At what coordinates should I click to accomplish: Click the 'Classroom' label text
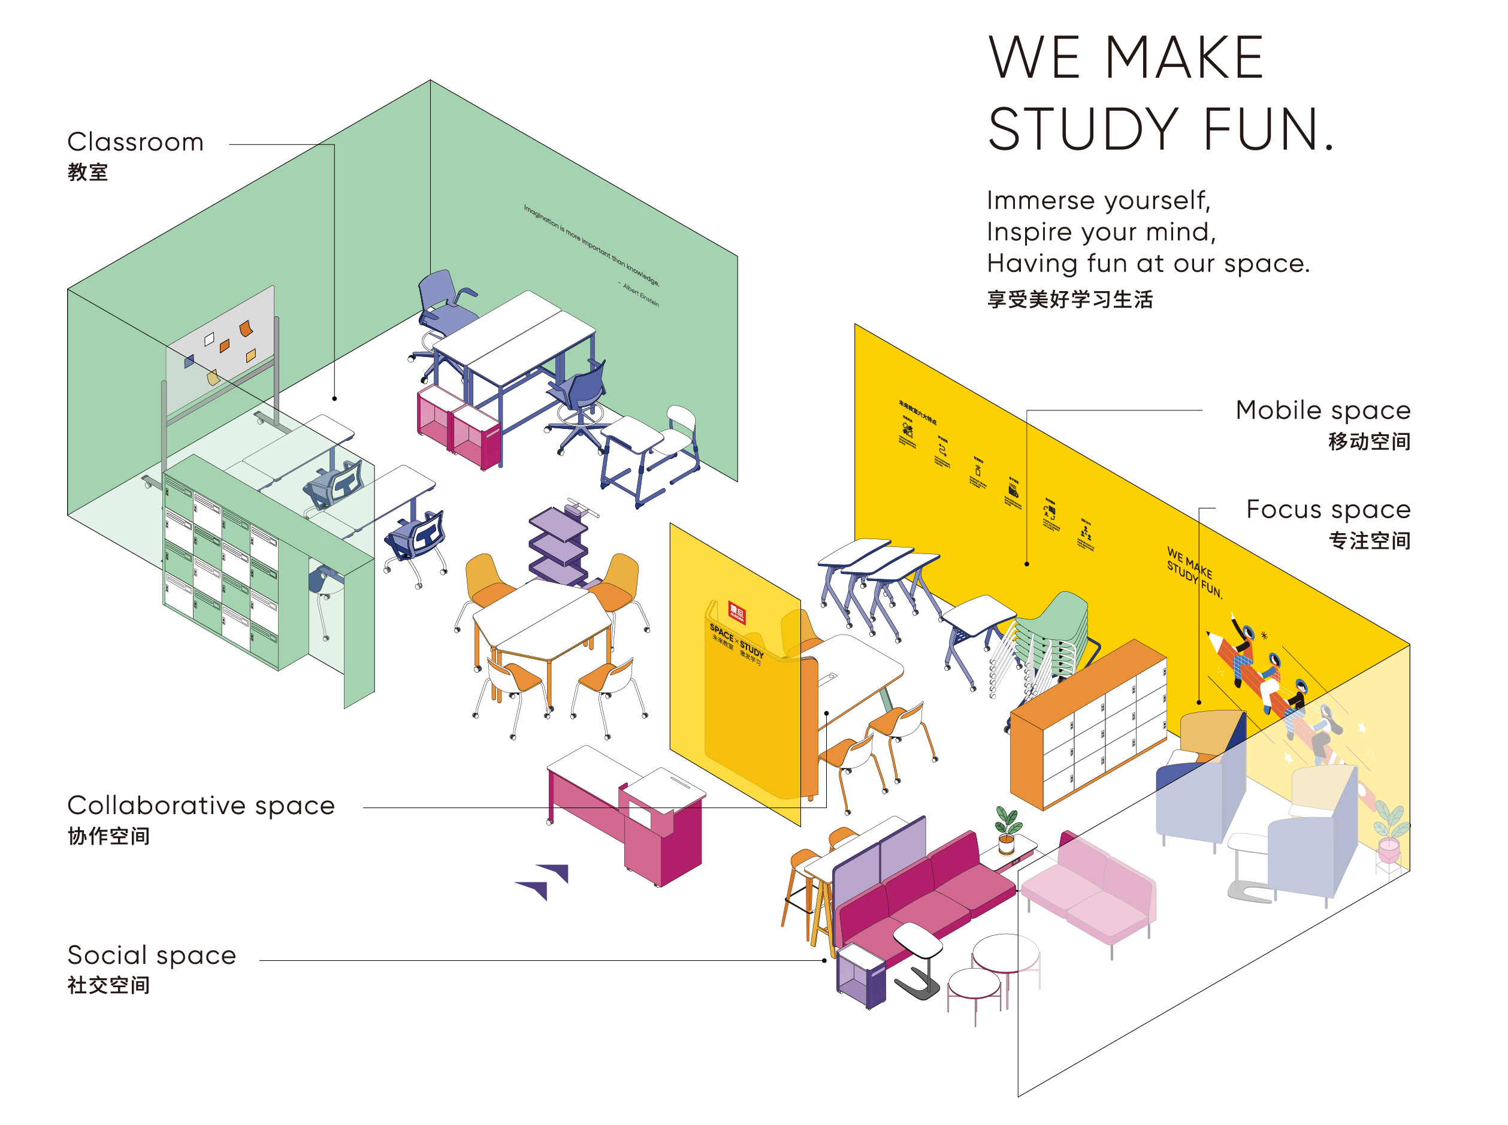(135, 141)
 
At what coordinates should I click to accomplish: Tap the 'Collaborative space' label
(200, 805)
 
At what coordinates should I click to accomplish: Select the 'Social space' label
(151, 955)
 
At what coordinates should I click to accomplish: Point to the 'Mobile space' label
(1322, 410)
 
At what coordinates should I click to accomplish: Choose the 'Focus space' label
(1328, 509)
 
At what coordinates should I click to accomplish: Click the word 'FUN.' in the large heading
(1267, 129)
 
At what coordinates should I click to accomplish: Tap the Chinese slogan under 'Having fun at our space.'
(1069, 299)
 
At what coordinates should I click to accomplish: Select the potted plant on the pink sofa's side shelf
(1007, 828)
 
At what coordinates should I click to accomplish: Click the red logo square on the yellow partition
(736, 612)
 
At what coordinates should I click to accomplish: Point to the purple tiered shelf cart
(558, 545)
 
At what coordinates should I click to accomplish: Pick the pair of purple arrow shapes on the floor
(545, 880)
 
